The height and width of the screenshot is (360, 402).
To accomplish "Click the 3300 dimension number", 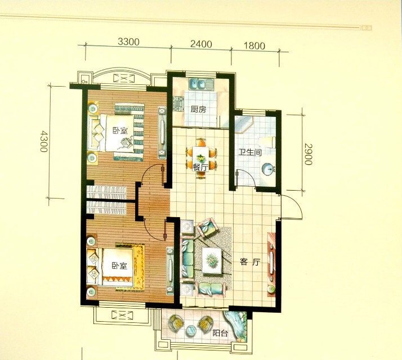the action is tap(128, 42).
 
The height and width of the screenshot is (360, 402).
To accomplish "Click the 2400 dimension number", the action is tap(201, 44).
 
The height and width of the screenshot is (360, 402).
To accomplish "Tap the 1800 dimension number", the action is tap(254, 46).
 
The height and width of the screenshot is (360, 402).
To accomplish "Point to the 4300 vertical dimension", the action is tap(44, 141).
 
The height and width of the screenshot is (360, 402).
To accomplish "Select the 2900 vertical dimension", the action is tap(309, 154).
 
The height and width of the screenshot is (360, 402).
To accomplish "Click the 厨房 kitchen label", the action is tap(198, 110).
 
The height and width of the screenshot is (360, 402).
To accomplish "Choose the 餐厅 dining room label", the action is tap(200, 168).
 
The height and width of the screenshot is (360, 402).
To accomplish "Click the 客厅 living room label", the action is tap(250, 262).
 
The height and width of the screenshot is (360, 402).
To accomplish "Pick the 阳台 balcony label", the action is tap(220, 333).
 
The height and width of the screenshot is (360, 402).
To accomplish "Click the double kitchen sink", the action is tap(201, 84).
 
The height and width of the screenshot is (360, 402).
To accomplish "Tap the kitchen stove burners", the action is tap(178, 103).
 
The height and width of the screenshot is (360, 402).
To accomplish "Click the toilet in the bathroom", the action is tap(267, 142).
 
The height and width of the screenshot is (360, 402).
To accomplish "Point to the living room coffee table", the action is tap(212, 260).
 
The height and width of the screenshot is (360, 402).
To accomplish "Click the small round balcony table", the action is tap(191, 330).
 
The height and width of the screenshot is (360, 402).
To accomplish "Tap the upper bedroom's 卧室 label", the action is tap(120, 130).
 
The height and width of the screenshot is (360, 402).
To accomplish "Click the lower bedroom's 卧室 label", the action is tap(119, 265).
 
